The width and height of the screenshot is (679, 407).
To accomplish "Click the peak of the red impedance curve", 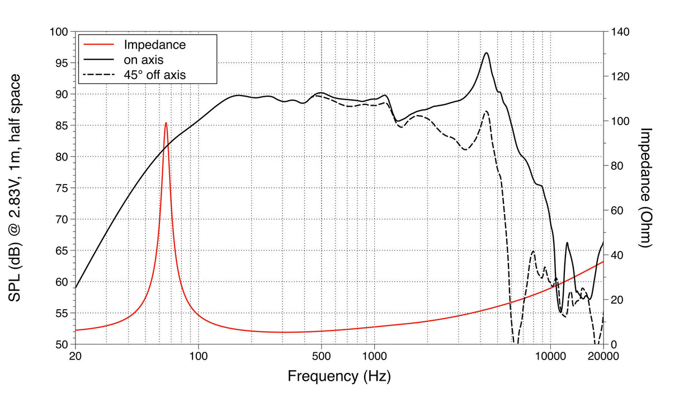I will pyautogui.click(x=166, y=123).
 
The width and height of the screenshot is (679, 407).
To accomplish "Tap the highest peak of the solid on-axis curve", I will pyautogui.click(x=487, y=53).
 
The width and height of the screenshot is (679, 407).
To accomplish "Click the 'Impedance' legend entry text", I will pyautogui.click(x=154, y=44).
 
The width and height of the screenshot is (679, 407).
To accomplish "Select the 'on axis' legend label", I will pyautogui.click(x=143, y=59).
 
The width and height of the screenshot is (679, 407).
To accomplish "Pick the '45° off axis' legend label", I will pyautogui.click(x=154, y=74).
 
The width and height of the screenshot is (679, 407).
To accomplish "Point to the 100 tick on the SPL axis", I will pyautogui.click(x=59, y=32).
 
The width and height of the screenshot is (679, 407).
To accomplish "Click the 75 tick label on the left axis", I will pyautogui.click(x=62, y=188).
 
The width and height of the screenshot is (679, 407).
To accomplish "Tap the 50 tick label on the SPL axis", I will pyautogui.click(x=62, y=344).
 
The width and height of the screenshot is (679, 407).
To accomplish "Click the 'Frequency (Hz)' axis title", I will pyautogui.click(x=339, y=376).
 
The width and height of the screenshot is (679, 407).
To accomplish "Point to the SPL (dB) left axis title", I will pyautogui.click(x=17, y=188).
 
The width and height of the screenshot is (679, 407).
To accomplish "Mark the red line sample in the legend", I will pyautogui.click(x=98, y=44).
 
